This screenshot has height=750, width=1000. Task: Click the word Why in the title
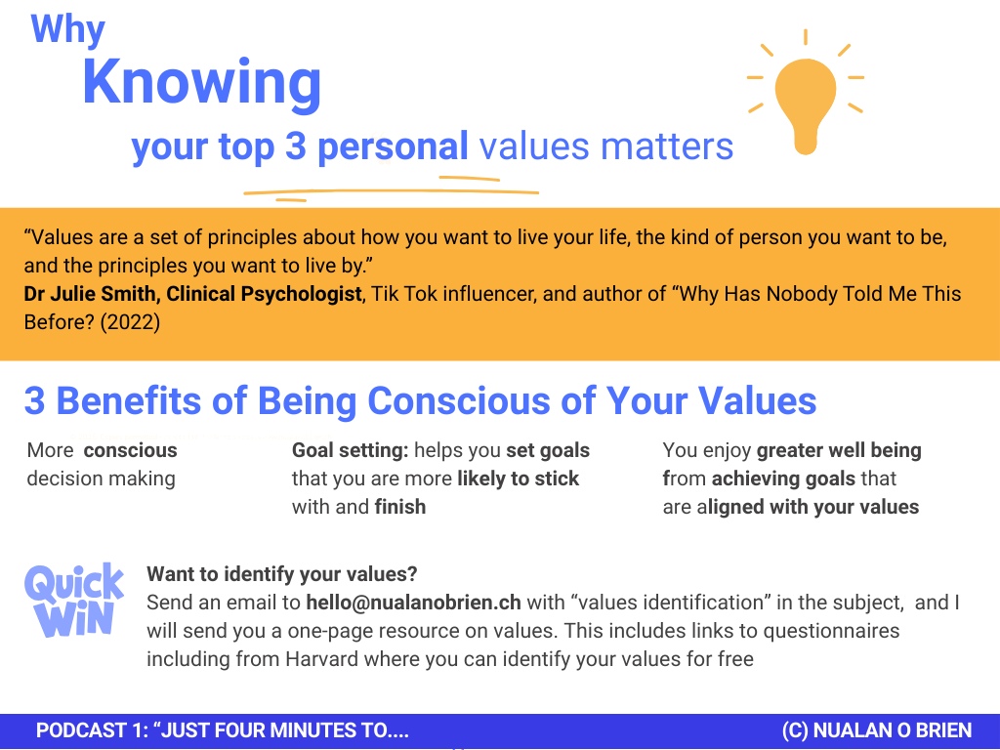67,30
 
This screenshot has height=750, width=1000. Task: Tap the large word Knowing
201,84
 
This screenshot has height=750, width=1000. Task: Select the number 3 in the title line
295,146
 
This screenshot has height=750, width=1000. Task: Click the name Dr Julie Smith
89,294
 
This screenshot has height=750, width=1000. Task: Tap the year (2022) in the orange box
130,322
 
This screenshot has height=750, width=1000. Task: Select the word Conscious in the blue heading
481,401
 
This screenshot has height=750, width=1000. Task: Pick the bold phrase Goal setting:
351,450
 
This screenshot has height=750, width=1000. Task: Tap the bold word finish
399,507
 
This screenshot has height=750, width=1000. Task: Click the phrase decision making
101,479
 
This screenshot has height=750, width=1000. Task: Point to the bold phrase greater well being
839,451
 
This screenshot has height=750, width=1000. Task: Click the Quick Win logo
74,601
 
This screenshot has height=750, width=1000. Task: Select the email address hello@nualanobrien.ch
413,603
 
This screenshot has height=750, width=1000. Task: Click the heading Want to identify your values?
282,574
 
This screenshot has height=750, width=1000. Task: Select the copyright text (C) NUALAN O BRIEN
877,730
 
